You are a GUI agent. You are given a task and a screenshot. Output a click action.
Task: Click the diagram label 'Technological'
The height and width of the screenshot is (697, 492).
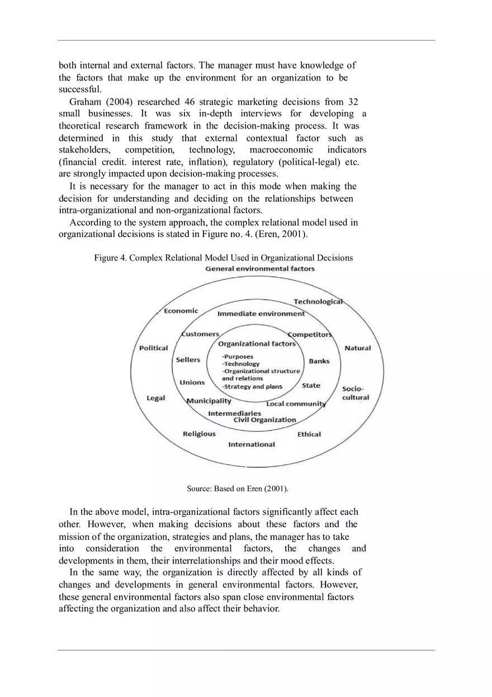click(318, 302)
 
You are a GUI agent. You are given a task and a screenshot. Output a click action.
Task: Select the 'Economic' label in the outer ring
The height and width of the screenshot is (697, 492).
click(181, 311)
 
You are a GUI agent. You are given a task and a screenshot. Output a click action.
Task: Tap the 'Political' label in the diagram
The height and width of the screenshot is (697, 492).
click(153, 348)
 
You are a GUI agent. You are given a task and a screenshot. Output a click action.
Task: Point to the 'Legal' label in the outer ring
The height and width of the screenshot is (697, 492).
click(155, 398)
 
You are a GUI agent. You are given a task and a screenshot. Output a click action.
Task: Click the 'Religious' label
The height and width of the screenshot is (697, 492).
click(199, 434)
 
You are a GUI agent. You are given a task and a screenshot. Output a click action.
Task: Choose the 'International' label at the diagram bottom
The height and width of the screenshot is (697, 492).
click(251, 444)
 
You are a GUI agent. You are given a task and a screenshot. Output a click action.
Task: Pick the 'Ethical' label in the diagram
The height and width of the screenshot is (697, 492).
click(309, 434)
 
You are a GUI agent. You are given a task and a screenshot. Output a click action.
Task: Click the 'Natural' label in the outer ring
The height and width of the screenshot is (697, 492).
click(357, 348)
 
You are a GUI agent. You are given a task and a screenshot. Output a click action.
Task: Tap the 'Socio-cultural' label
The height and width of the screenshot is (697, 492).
click(355, 393)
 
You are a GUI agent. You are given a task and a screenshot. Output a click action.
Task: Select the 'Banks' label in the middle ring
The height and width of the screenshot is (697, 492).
click(319, 361)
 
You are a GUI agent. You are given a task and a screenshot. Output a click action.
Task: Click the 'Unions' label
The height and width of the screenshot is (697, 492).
click(192, 382)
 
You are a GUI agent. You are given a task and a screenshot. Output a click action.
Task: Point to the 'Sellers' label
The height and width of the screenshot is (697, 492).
click(188, 360)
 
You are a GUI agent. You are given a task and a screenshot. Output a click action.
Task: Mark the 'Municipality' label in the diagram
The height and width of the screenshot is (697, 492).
click(209, 401)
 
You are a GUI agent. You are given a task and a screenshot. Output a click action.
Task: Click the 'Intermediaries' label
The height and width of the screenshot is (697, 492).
click(234, 414)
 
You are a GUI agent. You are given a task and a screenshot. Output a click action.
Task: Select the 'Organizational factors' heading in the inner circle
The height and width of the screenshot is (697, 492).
click(257, 344)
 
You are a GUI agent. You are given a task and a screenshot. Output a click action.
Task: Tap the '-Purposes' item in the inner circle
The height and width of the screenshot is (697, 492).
click(238, 357)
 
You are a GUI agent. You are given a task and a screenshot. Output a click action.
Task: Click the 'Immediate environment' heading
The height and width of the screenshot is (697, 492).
click(261, 314)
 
